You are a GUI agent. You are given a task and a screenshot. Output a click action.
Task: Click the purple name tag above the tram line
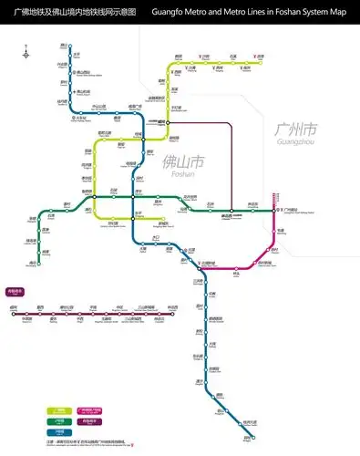coord(15,293)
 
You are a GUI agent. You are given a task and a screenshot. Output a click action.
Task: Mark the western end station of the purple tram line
coord(13,313)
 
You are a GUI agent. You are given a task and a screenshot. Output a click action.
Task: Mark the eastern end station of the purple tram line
coord(173,313)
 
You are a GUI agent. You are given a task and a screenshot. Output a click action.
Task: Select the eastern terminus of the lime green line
coord(260,61)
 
